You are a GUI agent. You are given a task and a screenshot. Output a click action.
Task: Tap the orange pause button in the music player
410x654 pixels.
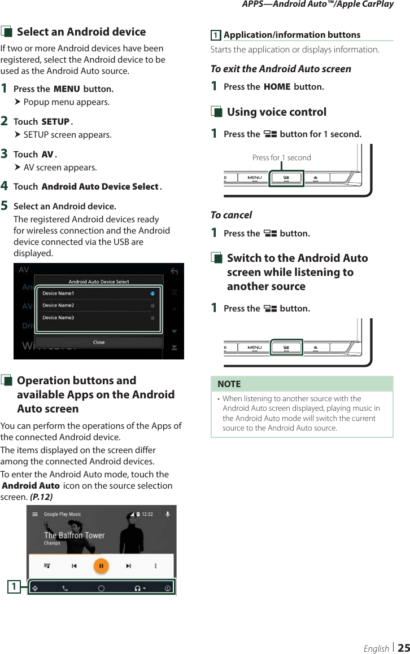[101, 566]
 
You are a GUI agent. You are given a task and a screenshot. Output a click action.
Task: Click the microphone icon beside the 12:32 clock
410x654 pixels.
[168, 514]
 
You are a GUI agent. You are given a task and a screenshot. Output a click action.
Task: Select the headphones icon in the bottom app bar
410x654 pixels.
[137, 588]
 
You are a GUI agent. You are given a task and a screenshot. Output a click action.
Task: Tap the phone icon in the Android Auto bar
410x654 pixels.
[65, 588]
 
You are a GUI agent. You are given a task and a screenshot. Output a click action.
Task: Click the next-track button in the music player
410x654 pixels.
[128, 566]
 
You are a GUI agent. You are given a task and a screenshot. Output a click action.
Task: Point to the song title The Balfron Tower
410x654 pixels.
[74, 535]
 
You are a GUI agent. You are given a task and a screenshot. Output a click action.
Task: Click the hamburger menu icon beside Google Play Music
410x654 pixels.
[35, 514]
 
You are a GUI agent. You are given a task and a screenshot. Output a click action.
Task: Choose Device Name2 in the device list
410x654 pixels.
[58, 305]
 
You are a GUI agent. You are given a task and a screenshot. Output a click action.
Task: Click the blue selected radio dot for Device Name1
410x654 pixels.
[153, 293]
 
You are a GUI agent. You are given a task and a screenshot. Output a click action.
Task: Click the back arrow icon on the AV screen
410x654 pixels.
[174, 272]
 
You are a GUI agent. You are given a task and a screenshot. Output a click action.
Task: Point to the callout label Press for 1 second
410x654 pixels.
[281, 158]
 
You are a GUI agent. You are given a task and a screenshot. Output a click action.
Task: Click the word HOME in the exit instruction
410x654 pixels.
[277, 87]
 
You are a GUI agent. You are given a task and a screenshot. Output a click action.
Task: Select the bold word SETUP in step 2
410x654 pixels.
[55, 122]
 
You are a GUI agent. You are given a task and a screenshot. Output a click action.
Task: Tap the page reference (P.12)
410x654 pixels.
[41, 497]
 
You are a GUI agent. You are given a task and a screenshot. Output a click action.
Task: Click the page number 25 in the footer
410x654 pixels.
[403, 648]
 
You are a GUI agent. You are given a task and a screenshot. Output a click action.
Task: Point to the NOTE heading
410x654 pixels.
[229, 384]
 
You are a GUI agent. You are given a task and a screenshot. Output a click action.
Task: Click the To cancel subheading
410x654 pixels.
[231, 215]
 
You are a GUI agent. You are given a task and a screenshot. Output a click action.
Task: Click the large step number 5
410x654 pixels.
[5, 206]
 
